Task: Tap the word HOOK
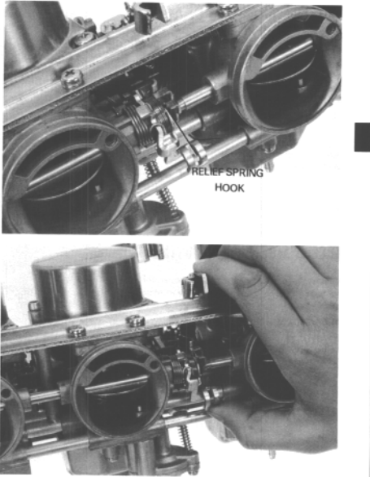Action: click(229, 188)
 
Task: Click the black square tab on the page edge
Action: click(362, 137)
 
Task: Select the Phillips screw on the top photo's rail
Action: click(72, 77)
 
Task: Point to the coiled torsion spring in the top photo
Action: click(141, 125)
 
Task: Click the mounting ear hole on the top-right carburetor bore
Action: click(331, 28)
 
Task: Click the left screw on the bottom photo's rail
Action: click(76, 331)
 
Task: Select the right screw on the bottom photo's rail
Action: click(136, 321)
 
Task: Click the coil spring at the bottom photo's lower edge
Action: click(186, 437)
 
